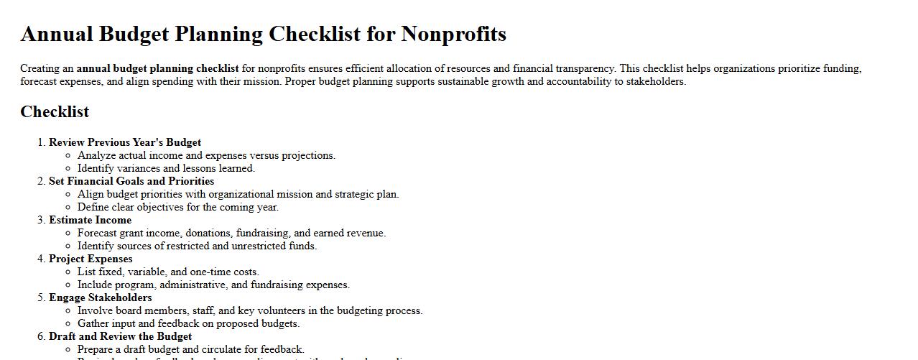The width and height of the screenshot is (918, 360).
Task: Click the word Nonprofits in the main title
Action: (453, 34)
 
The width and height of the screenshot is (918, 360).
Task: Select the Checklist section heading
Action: (55, 111)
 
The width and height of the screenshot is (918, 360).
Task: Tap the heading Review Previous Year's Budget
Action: (125, 142)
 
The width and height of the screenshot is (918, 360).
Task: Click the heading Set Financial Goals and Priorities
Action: (131, 181)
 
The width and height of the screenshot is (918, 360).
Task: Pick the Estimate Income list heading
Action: (90, 220)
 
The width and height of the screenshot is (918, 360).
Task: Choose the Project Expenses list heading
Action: (91, 259)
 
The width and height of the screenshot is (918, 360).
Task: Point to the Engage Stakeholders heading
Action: (100, 297)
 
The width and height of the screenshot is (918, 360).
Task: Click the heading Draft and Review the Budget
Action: (120, 336)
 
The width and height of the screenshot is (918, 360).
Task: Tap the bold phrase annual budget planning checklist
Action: (158, 69)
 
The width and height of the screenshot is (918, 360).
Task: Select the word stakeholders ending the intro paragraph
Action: (654, 82)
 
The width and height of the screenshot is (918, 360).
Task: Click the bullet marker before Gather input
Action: (68, 324)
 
